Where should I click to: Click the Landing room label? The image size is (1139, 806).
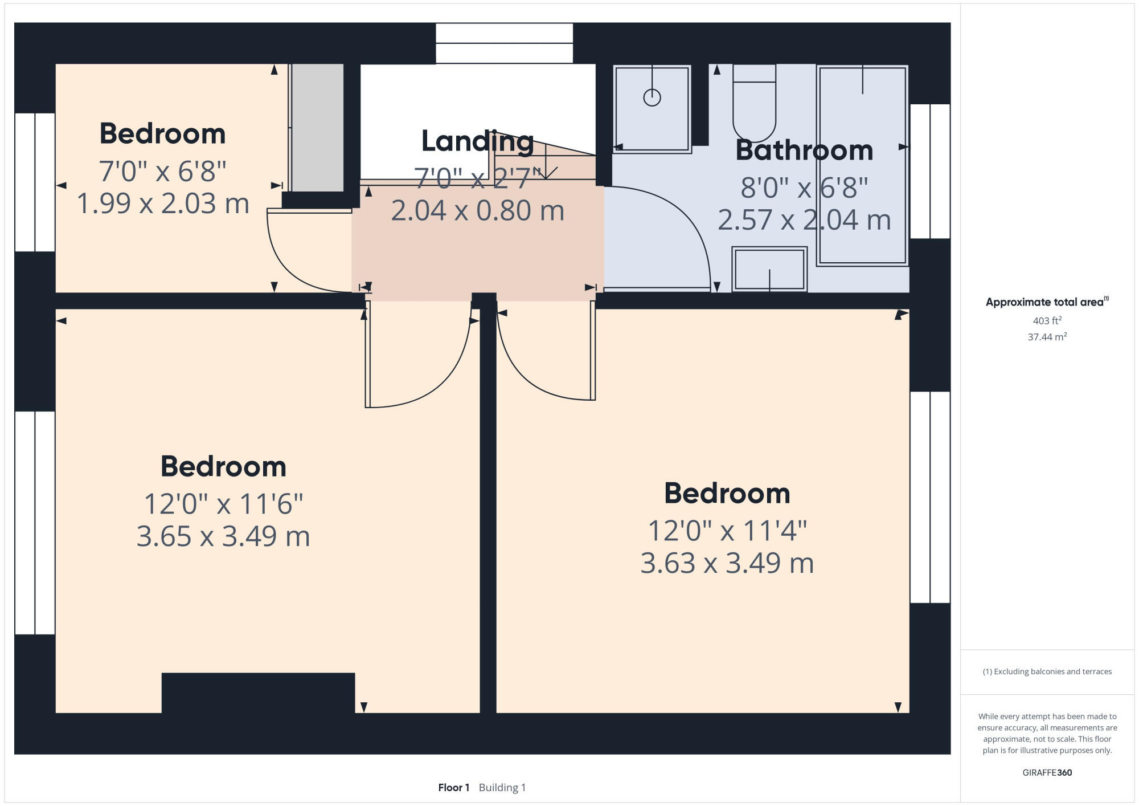tap(477, 141)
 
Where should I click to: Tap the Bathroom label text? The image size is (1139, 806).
tap(804, 150)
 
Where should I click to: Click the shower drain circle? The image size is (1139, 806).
tap(652, 97)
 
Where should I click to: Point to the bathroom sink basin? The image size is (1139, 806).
tap(769, 270)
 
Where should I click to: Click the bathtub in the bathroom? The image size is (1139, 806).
tap(863, 165)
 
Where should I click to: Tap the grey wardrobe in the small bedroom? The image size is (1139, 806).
tap(318, 128)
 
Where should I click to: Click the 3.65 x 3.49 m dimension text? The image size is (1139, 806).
tap(223, 536)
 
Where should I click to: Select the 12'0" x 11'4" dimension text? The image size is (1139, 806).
tap(727, 531)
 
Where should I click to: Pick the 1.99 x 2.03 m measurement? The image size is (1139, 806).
tap(163, 203)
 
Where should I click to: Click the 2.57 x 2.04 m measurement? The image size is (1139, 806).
tap(804, 220)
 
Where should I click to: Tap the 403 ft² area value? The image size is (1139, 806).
tap(1047, 320)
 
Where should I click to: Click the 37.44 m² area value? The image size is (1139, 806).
tap(1047, 337)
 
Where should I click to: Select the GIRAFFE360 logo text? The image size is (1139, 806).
tap(1047, 772)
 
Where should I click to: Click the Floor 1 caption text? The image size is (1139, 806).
tap(453, 787)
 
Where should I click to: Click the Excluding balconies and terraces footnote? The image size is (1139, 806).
tap(1047, 671)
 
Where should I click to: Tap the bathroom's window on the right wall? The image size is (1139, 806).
tap(930, 171)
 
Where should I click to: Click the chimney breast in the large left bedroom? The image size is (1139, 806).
tap(258, 692)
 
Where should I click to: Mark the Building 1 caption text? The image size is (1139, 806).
tap(502, 787)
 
